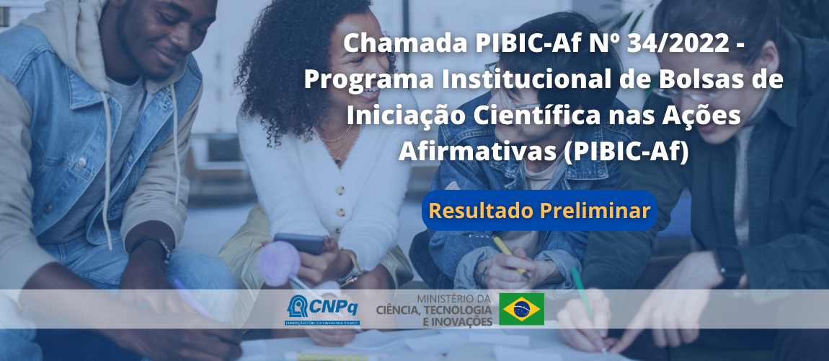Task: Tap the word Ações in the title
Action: point(704,116)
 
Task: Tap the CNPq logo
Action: point(313,309)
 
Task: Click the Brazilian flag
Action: point(523,309)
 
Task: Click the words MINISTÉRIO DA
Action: point(454,297)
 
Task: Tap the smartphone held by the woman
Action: point(299,243)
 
